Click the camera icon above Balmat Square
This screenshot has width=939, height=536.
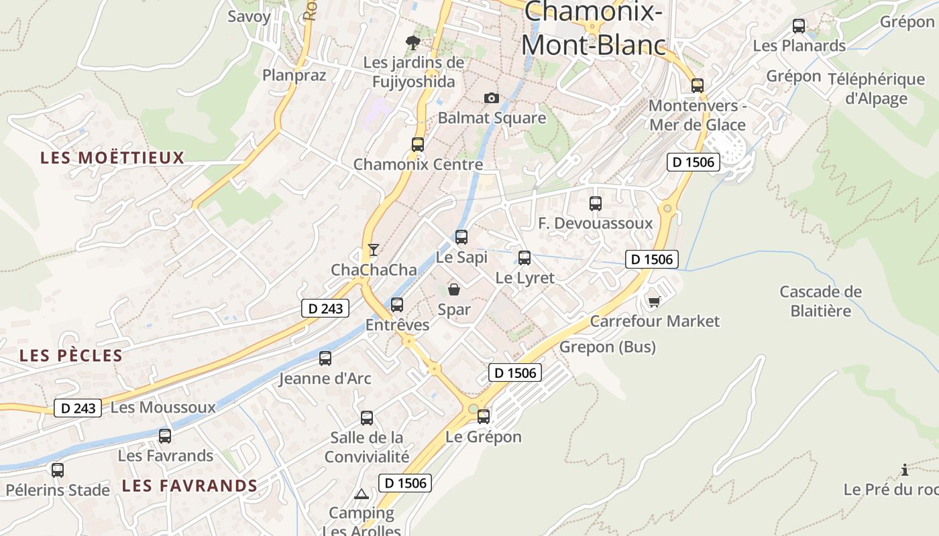492,98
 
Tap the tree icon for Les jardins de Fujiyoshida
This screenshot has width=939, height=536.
413,43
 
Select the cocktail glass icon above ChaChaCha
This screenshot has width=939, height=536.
374,250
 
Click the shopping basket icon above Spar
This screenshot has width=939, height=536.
454,289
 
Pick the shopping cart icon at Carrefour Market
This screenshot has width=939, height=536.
654,301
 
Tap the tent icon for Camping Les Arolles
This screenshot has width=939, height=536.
362,494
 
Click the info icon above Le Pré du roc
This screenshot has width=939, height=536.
904,470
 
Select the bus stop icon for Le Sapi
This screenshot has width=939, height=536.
461,237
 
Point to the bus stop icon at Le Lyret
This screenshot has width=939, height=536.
524,257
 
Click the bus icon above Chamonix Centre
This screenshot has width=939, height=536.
418,144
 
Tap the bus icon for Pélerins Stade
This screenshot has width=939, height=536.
58,470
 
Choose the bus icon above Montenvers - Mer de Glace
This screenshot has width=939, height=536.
698,85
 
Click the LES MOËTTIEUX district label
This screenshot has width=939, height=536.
112,158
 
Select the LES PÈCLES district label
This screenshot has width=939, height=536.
71,356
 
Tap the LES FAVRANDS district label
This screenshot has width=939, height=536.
190,486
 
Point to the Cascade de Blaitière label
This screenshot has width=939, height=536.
820,301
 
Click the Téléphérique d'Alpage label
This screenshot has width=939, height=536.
876,89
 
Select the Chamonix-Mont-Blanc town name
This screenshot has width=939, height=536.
594,28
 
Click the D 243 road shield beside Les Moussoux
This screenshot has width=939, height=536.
78,408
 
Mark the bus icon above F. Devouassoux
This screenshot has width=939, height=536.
596,203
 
